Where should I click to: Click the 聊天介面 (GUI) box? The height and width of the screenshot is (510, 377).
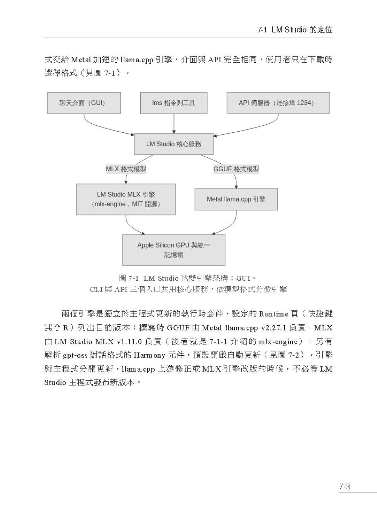click(84, 103)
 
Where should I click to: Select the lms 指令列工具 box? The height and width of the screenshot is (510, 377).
click(174, 103)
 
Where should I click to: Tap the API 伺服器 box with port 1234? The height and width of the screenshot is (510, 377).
click(278, 103)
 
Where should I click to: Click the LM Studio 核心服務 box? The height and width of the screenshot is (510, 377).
click(174, 144)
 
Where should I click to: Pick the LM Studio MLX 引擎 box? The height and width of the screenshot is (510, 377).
click(126, 199)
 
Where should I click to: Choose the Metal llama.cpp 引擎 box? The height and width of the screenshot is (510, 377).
click(236, 199)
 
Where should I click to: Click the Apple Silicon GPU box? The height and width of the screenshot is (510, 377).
click(174, 250)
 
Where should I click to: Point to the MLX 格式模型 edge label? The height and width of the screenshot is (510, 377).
click(126, 169)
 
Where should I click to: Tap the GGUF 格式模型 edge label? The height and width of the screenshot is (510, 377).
click(236, 169)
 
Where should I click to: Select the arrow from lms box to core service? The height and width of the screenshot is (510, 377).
click(174, 124)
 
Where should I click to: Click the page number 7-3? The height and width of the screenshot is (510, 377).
click(345, 487)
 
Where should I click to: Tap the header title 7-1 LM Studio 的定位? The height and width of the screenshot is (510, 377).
click(295, 30)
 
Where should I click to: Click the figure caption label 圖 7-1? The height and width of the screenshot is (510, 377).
click(129, 278)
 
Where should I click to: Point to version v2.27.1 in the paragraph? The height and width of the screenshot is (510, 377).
click(274, 328)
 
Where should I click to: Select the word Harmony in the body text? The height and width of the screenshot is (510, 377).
click(149, 355)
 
